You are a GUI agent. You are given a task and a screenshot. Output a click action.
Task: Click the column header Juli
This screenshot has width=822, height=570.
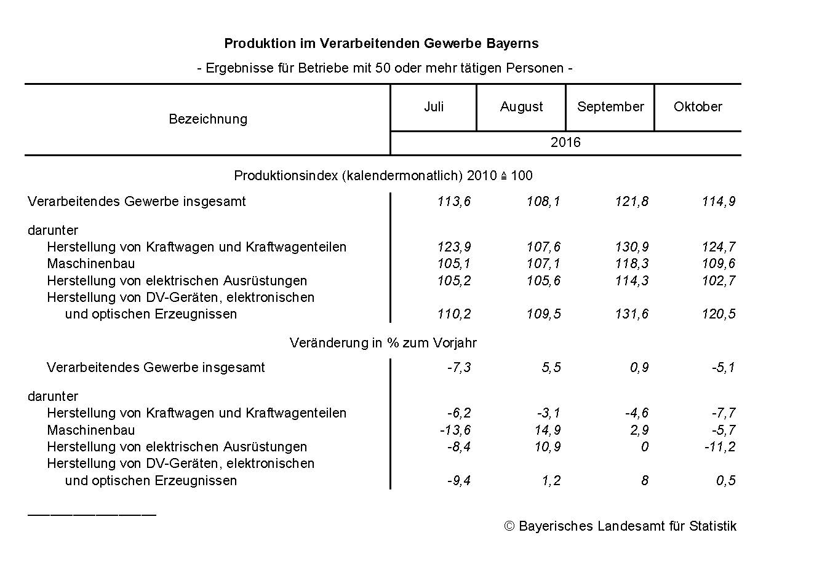point(434,106)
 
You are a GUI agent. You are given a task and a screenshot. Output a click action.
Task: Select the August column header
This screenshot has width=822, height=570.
point(521,107)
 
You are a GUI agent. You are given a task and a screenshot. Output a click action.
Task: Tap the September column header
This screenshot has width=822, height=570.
point(610,107)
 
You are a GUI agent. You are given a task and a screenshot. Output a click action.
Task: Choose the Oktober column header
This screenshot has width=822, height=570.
point(698,106)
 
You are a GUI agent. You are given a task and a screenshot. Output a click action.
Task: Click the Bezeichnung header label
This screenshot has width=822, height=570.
point(208,119)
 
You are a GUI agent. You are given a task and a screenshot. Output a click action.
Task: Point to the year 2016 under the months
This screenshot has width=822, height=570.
point(565,143)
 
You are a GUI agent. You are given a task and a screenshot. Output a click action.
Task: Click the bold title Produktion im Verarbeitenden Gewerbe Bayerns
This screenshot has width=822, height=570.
point(381,44)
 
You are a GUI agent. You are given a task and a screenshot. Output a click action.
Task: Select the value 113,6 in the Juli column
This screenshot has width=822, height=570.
point(455,202)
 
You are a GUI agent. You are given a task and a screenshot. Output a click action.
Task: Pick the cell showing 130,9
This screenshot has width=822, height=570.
point(632,247)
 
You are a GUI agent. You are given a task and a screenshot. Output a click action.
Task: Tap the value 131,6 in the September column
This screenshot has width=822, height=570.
point(632,314)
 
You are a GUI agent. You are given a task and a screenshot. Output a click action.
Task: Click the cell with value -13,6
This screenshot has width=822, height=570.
point(455,430)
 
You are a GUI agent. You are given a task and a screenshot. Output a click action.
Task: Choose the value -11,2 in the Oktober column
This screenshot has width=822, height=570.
point(720,447)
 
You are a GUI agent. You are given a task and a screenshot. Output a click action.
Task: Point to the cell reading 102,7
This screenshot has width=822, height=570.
point(719,281)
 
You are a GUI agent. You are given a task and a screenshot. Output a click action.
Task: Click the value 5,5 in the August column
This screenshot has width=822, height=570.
point(551,368)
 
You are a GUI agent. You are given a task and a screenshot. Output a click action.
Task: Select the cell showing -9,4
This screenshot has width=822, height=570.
point(459,481)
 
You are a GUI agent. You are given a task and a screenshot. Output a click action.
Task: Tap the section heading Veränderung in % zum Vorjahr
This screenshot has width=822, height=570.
point(383,343)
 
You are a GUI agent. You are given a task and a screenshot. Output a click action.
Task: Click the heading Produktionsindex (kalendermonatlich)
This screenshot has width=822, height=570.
point(348,176)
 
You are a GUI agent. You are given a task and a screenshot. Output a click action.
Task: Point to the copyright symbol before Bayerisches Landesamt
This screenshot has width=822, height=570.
point(509,526)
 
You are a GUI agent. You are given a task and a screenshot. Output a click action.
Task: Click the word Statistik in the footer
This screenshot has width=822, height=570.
point(712,526)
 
